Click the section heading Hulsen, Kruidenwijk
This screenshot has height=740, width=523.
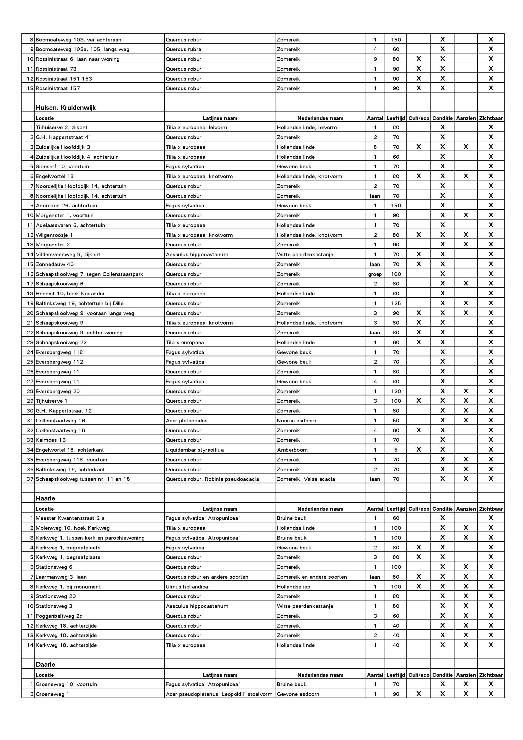coord(66,108)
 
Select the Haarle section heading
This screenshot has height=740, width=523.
coord(45,498)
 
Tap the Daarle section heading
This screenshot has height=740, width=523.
coord(45,664)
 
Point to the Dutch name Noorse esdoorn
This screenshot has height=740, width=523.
coord(296,420)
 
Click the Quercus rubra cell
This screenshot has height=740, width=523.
coord(183,49)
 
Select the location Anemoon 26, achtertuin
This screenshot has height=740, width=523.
coord(66,206)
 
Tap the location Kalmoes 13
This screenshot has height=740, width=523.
coord(51,440)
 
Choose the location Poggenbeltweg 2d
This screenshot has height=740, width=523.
coord(59,616)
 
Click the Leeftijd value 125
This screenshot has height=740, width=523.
coord(396,303)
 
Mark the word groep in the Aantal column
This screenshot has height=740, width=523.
coord(375,274)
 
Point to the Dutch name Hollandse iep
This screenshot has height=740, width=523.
coord(293,587)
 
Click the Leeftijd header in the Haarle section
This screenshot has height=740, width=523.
coord(395,509)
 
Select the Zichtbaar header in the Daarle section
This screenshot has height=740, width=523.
coord(490,675)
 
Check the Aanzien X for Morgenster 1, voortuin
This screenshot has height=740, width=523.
coord(466,215)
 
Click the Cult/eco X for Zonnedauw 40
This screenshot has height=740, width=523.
coord(419,264)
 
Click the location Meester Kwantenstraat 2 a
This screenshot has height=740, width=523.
coord(70,518)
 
